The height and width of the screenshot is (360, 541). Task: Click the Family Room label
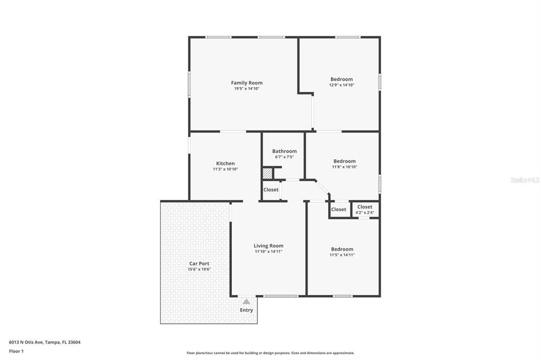pyautogui.click(x=247, y=83)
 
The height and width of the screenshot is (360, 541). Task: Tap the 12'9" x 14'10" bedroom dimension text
pyautogui.click(x=341, y=85)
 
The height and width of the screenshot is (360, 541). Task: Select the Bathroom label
pyautogui.click(x=284, y=151)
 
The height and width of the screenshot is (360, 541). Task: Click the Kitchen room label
pyautogui.click(x=225, y=163)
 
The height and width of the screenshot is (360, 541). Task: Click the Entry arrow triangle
pyautogui.click(x=246, y=302)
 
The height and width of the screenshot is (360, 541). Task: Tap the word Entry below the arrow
pyautogui.click(x=246, y=310)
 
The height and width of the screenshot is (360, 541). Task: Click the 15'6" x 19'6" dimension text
pyautogui.click(x=199, y=269)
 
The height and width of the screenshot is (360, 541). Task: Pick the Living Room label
pyautogui.click(x=268, y=245)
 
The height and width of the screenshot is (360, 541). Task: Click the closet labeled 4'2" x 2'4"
pyautogui.click(x=365, y=210)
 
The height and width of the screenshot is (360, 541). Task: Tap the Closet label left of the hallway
pyautogui.click(x=271, y=190)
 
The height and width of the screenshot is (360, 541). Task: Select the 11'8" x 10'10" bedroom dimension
pyautogui.click(x=344, y=167)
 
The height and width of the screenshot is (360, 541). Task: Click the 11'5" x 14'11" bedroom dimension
pyautogui.click(x=342, y=255)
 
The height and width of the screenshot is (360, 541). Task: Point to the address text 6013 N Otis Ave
pyautogui.click(x=44, y=342)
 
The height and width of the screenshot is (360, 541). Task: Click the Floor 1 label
pyautogui.click(x=16, y=351)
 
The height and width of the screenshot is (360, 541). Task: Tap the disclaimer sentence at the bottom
pyautogui.click(x=270, y=353)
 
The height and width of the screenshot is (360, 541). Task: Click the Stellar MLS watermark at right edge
pyautogui.click(x=525, y=180)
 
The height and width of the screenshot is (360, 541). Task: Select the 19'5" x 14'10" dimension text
pyautogui.click(x=247, y=89)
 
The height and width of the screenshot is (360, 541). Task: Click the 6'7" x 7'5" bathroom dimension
pyautogui.click(x=284, y=157)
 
